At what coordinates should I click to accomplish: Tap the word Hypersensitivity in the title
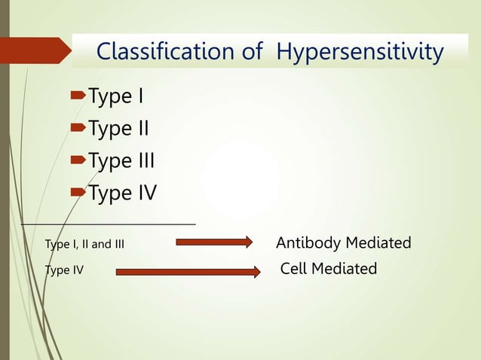tap(359, 53)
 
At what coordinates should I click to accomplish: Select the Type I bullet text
tap(116, 96)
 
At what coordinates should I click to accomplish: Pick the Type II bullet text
tap(118, 129)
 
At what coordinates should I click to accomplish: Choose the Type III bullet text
tap(121, 161)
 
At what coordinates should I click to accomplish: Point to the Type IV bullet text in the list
tap(122, 194)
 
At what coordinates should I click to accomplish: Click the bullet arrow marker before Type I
tap(78, 97)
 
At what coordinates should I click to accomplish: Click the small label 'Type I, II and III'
tap(84, 244)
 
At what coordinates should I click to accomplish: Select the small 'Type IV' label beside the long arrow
tap(65, 270)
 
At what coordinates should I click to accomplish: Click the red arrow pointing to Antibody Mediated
tap(214, 242)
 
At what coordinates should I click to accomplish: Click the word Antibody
tap(308, 243)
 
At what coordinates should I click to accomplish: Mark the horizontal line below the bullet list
tap(109, 224)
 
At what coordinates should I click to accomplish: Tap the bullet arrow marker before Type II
tap(78, 130)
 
